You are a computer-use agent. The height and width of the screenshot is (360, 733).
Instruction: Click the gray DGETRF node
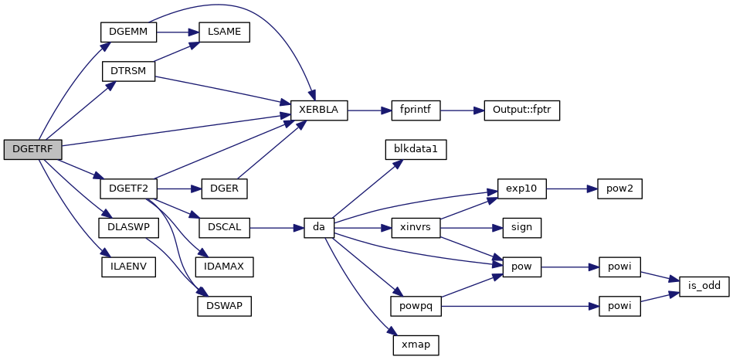point(32,150)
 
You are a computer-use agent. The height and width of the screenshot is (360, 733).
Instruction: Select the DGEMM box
point(129,32)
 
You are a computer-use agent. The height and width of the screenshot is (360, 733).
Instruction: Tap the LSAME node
point(224,32)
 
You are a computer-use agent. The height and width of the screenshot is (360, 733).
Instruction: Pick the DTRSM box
point(129,71)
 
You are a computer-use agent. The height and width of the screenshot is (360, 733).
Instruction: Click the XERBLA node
point(318,110)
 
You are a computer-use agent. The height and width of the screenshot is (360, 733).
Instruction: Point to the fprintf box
point(416,110)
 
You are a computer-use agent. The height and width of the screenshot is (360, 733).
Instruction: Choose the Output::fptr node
point(521,110)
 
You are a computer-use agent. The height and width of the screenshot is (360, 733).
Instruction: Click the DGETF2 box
point(129,188)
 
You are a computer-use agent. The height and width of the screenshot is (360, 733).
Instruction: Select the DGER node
point(224,188)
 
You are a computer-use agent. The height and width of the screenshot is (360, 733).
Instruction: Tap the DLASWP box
point(129,228)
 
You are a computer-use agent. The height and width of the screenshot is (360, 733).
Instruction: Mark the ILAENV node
point(129,267)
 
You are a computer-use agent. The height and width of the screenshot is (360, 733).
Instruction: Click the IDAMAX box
point(224,267)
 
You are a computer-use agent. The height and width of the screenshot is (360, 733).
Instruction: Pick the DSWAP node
point(224,306)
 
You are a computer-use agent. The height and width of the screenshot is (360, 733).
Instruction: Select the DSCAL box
point(224,228)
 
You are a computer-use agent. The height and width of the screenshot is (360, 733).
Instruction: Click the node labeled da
point(318,228)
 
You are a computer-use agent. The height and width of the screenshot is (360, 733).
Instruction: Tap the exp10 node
point(521,188)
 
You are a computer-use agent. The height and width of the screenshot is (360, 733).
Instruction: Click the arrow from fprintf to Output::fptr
point(461,110)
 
